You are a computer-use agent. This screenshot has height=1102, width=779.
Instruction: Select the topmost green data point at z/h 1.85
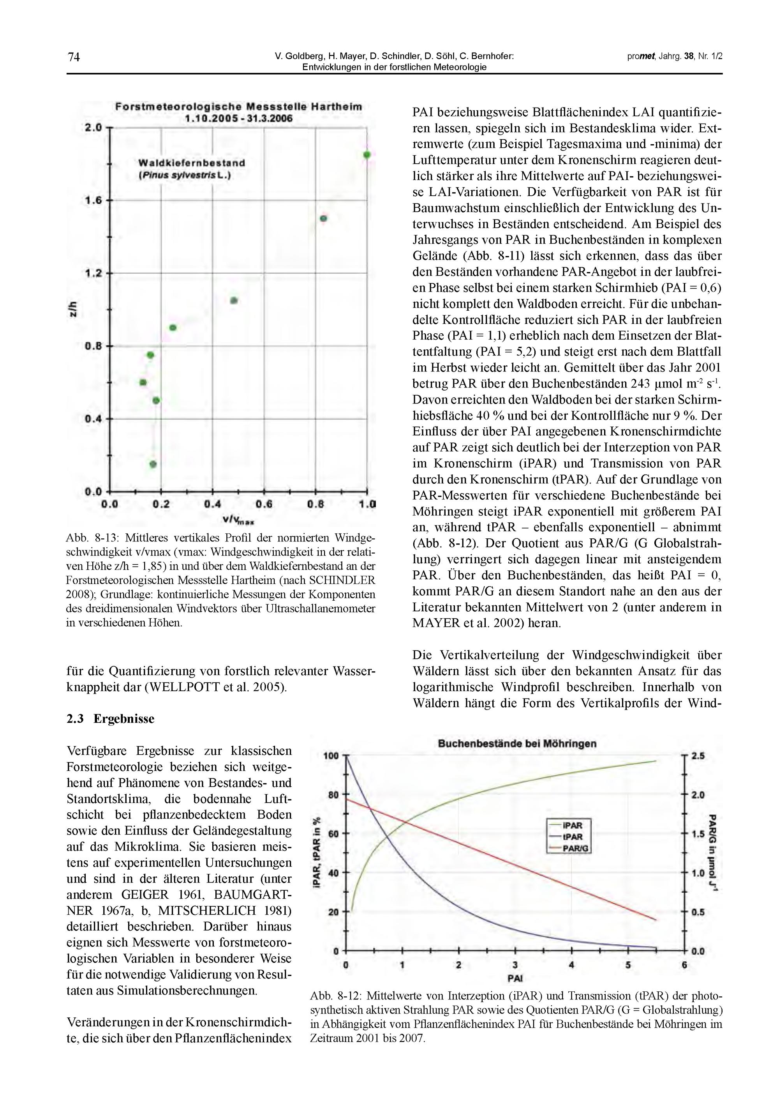(367, 154)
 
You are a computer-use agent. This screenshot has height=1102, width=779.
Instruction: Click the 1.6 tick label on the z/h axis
(93, 200)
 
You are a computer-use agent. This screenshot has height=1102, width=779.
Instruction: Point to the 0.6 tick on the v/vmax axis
(264, 504)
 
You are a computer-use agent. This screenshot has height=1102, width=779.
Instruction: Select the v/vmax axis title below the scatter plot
(238, 520)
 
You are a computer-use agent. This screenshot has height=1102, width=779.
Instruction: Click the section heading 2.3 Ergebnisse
(110, 718)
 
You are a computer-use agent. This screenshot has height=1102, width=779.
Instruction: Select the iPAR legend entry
(573, 826)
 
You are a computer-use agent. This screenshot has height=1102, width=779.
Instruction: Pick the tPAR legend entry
(573, 837)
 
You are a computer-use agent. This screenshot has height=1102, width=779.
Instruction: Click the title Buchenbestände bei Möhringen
(517, 743)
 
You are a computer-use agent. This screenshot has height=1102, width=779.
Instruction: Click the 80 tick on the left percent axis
(333, 795)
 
